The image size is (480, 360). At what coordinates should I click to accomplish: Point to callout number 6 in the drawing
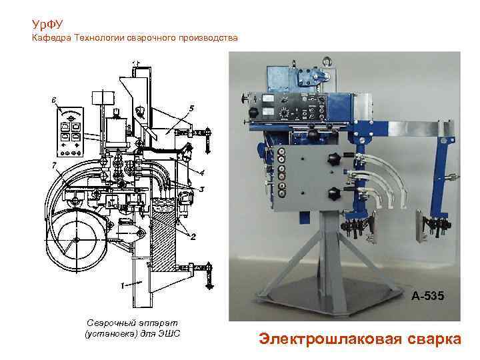pos(53,101)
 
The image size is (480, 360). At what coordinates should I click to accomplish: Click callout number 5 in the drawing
pos(191,107)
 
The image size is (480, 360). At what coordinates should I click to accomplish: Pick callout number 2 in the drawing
pos(193,237)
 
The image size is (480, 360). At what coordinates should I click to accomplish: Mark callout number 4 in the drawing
pos(201,172)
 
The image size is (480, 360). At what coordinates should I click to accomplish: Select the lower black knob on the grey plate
pos(333,195)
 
